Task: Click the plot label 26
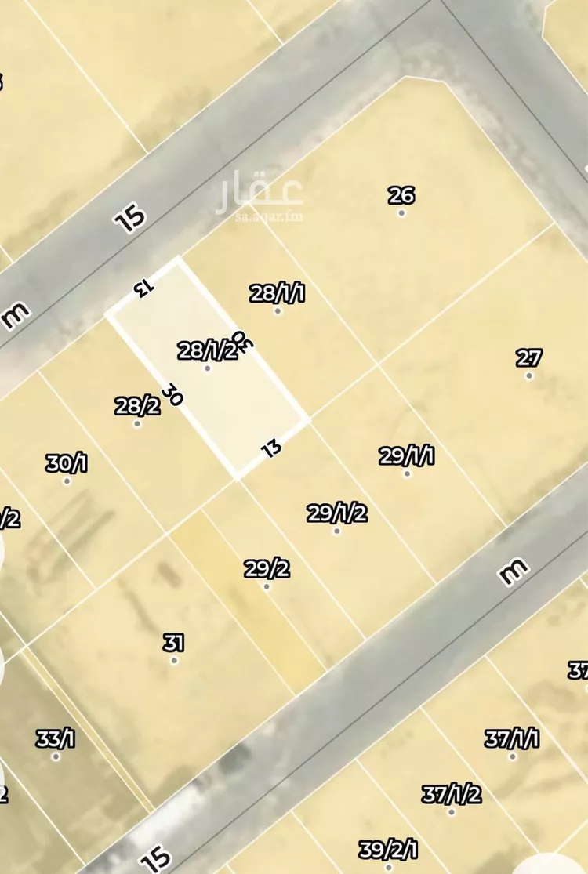(401, 195)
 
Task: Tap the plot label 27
(529, 358)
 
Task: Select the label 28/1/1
(277, 294)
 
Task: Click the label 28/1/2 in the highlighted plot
(208, 350)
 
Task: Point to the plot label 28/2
(137, 406)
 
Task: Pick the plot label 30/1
(67, 463)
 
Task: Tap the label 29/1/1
(407, 456)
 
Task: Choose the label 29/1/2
(337, 513)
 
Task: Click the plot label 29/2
(267, 569)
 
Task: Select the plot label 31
(173, 644)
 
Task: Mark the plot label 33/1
(56, 738)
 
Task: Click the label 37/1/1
(512, 738)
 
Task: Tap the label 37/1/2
(451, 794)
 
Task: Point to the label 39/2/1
(389, 850)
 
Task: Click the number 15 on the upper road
(130, 217)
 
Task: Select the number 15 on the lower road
(157, 858)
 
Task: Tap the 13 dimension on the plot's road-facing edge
(142, 287)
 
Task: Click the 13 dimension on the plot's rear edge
(270, 449)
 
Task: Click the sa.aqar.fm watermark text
(269, 216)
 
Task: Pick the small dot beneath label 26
(401, 212)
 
